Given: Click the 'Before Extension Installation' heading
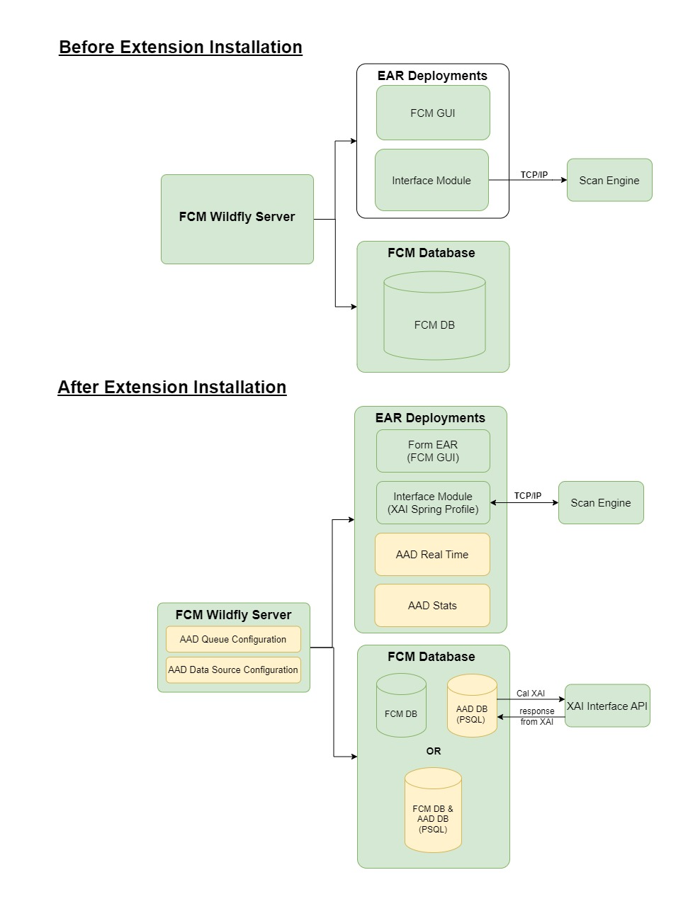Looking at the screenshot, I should (180, 47).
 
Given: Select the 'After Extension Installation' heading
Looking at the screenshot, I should (171, 388).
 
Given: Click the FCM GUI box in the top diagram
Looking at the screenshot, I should (433, 113).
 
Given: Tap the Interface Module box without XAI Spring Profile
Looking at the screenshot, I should (432, 181).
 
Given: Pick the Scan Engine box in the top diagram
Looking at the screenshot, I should (609, 181).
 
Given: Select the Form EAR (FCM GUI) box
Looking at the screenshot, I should (433, 451).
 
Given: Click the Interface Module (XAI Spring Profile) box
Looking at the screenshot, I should (433, 503).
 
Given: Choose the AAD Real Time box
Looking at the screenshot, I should (432, 555).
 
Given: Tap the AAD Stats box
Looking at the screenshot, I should (432, 606).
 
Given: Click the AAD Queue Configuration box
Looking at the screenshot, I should (233, 639).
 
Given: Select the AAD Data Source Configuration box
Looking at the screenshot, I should (233, 670).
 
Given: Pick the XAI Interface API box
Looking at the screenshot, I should (607, 706).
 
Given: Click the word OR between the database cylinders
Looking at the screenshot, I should (434, 751).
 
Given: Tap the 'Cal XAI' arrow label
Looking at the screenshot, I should (531, 694).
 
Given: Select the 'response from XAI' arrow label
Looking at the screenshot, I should (536, 716).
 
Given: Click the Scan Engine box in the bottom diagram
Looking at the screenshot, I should (601, 503).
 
